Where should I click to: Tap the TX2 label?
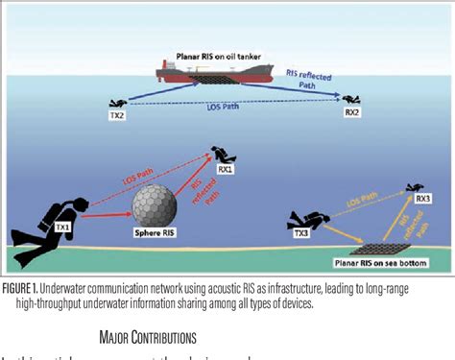point(120,116)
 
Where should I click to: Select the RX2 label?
point(352,112)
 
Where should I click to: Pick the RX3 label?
point(421,200)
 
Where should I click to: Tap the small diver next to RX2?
point(352,100)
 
